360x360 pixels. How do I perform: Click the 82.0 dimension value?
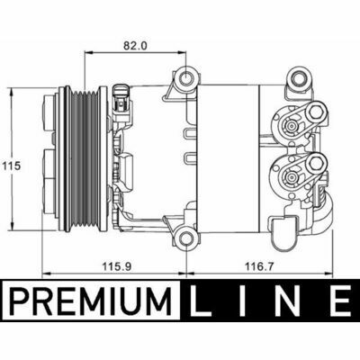point(135,45)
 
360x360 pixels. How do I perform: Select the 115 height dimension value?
point(12,166)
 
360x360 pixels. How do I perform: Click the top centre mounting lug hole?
point(186,78)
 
